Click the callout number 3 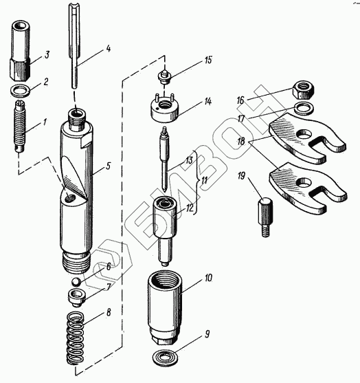pyautogui.click(x=47, y=55)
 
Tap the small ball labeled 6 pyautogui.click(x=76, y=282)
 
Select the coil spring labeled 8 pyautogui.click(x=76, y=338)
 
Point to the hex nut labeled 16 pyautogui.click(x=304, y=90)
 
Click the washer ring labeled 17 pyautogui.click(x=304, y=108)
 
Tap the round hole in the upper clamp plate pyautogui.click(x=304, y=133)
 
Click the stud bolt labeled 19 pyautogui.click(x=265, y=217)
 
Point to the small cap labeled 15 pyautogui.click(x=165, y=76)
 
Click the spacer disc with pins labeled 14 pyautogui.click(x=164, y=107)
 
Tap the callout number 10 pyautogui.click(x=208, y=278)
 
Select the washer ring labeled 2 pyautogui.click(x=21, y=91)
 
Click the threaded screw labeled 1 pyautogui.click(x=20, y=127)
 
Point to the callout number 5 pyautogui.click(x=108, y=166)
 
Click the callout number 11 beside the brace pyautogui.click(x=204, y=181)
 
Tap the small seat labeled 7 pyautogui.click(x=77, y=298)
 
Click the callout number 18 pyautogui.click(x=241, y=141)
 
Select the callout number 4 pyautogui.click(x=108, y=48)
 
